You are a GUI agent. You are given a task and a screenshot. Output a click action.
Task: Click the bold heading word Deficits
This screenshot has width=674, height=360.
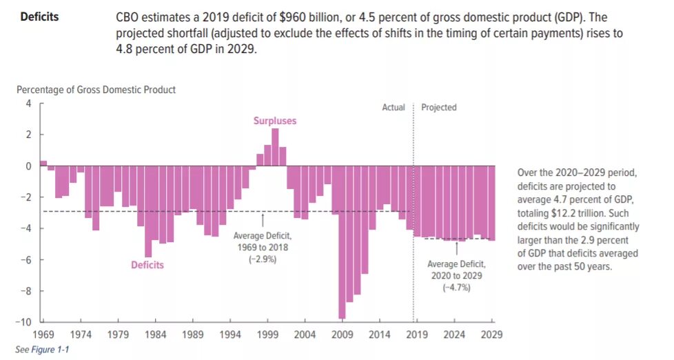(39, 17)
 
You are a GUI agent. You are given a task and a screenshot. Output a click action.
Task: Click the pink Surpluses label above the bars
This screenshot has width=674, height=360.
(274, 121)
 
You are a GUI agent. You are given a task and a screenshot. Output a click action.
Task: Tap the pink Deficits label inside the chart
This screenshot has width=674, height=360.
(147, 264)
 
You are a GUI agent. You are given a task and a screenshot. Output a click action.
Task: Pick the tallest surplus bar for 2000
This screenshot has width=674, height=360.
(275, 147)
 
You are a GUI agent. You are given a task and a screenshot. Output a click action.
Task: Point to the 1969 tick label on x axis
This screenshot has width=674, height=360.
(43, 334)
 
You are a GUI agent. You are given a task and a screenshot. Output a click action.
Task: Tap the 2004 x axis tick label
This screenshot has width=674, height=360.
(305, 334)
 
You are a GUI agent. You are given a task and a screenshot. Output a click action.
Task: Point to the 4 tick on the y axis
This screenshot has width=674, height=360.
(29, 103)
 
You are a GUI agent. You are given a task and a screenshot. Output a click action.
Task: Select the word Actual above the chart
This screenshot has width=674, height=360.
(394, 108)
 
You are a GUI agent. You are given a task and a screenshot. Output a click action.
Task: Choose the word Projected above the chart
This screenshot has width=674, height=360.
(439, 108)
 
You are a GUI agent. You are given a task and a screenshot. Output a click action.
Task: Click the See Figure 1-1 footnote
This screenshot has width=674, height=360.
(42, 350)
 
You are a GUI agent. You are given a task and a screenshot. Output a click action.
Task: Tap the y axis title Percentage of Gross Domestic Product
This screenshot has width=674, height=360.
(96, 90)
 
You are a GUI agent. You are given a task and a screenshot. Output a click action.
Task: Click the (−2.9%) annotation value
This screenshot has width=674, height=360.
(263, 259)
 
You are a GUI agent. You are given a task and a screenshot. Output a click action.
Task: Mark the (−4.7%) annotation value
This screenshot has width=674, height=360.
(456, 287)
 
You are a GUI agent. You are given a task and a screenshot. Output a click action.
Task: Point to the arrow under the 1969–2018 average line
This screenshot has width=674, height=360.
(263, 219)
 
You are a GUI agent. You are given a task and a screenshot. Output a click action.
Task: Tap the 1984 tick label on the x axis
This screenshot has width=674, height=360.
(155, 334)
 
